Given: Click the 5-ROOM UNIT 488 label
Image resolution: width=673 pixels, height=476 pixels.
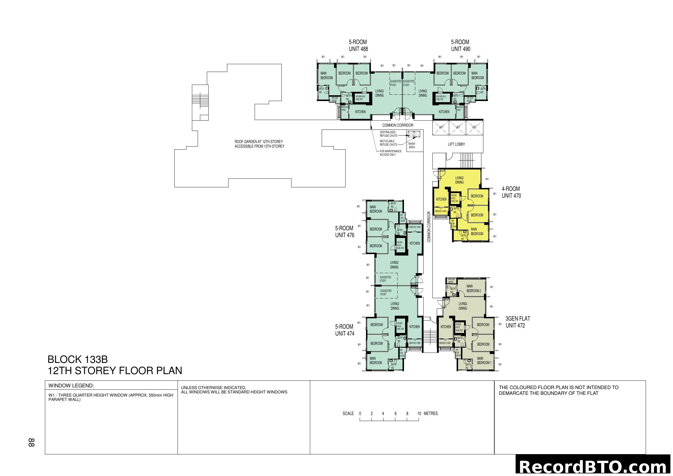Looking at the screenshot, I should tap(358, 46).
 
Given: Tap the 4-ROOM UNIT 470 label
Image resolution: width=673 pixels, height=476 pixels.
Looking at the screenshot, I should tap(511, 192).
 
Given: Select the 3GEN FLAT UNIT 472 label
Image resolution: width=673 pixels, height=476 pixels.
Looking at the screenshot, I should tap(518, 322).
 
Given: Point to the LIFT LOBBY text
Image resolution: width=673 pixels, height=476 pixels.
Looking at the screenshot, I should tap(456, 144).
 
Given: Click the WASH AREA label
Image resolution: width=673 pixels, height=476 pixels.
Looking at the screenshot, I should tap(411, 145).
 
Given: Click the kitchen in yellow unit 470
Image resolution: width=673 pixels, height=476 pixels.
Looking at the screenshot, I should tap(441, 199).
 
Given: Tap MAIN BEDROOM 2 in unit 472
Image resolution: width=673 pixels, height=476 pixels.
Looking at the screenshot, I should tap(473, 288).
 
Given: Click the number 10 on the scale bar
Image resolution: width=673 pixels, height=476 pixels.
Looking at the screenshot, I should tap(419, 414).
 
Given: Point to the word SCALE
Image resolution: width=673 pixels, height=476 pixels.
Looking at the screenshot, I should tap(348, 414).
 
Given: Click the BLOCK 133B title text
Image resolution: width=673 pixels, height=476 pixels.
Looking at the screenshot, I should tap(78, 359).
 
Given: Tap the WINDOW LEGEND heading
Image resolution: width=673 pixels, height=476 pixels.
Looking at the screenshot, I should tap(71, 386).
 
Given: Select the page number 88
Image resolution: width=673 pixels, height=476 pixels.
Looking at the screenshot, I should tap(31, 442).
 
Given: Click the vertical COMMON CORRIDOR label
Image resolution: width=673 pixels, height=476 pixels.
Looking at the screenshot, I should tap(429, 227).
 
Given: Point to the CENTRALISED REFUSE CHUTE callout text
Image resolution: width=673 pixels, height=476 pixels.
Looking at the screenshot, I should tap(388, 134).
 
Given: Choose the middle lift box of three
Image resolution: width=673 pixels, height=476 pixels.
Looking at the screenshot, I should tap(457, 127).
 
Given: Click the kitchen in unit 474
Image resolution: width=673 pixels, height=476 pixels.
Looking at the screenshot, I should tap(414, 327).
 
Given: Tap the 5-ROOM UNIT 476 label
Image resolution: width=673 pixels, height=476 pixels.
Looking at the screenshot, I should tap(344, 232).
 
